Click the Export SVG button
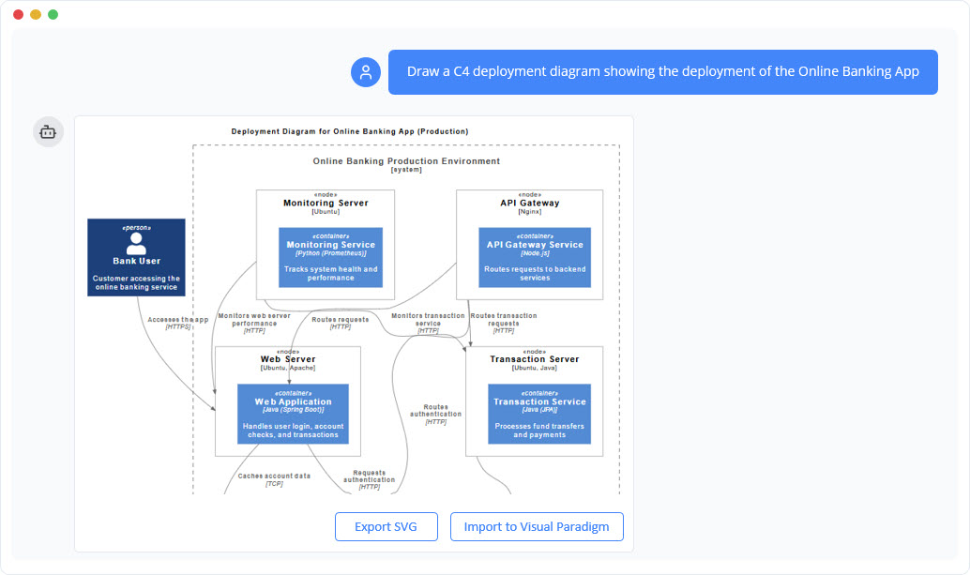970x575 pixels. click(386, 526)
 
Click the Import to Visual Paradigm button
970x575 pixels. click(537, 526)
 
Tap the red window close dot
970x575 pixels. click(18, 14)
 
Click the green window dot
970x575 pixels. click(53, 14)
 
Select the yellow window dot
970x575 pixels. click(36, 14)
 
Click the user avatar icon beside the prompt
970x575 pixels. click(366, 72)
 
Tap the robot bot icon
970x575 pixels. click(49, 132)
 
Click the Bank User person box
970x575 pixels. click(136, 257)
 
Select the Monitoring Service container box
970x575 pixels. click(330, 257)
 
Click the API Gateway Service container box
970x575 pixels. click(535, 257)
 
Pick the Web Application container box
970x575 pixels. click(293, 414)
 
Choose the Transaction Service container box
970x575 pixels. click(539, 414)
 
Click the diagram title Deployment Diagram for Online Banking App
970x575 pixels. click(350, 131)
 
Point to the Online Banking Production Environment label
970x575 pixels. click(406, 161)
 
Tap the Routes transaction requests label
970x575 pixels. click(504, 320)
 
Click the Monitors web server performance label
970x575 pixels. click(254, 320)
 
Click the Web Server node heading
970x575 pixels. click(288, 359)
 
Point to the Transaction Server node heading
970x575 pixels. click(534, 359)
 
